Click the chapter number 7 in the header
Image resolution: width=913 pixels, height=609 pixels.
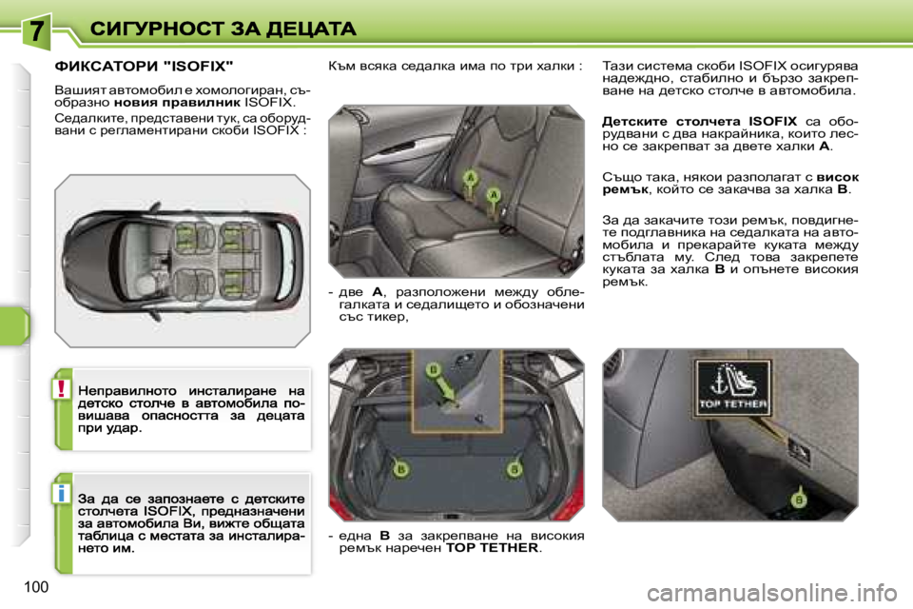(x=35, y=29)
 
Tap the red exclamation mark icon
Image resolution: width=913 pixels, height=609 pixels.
(x=62, y=390)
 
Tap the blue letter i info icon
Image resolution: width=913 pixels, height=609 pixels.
(x=62, y=493)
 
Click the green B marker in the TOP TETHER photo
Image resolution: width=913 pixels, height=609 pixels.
(x=799, y=499)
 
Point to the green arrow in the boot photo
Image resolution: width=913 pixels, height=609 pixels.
(x=443, y=388)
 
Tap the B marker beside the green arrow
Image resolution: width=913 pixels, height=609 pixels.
(x=433, y=368)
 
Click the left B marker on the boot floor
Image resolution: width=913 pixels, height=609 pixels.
(x=400, y=469)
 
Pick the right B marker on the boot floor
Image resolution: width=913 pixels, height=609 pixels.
(x=515, y=469)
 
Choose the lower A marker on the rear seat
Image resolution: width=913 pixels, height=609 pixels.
(x=493, y=194)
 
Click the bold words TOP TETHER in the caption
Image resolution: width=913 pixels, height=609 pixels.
(x=491, y=549)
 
